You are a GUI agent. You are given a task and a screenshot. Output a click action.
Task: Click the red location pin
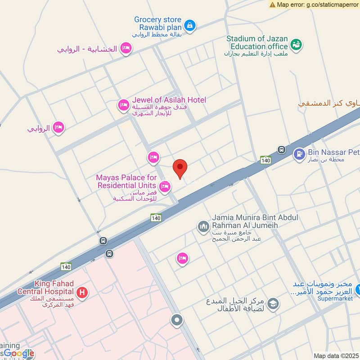(x=180, y=169)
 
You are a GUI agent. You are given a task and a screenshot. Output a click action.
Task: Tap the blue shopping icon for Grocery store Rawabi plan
(x=190, y=25)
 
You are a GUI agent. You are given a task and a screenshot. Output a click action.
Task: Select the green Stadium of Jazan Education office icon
(x=296, y=45)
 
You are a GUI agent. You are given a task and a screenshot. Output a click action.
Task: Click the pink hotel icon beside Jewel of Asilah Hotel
(x=123, y=105)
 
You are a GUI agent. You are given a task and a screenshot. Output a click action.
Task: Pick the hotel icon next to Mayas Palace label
(x=165, y=186)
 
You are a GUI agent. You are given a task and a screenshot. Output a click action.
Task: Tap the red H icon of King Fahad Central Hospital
(x=82, y=293)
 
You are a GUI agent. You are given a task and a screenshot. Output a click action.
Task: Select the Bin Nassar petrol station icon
(x=299, y=154)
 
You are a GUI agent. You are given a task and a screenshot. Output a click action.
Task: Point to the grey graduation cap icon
(x=273, y=305)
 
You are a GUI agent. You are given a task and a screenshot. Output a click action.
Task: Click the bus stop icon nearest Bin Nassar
(x=282, y=150)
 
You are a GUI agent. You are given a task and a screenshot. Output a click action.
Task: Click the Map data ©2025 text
(x=336, y=355)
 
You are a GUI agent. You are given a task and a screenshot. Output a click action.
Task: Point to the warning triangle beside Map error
(x=272, y=4)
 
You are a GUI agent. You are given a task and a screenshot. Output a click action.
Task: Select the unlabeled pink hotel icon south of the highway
(x=182, y=258)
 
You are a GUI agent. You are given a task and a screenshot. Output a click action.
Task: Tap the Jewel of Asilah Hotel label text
(x=169, y=100)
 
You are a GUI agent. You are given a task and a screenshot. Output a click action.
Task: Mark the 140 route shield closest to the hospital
(x=66, y=266)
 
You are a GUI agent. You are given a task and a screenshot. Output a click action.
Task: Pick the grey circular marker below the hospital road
(x=177, y=320)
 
